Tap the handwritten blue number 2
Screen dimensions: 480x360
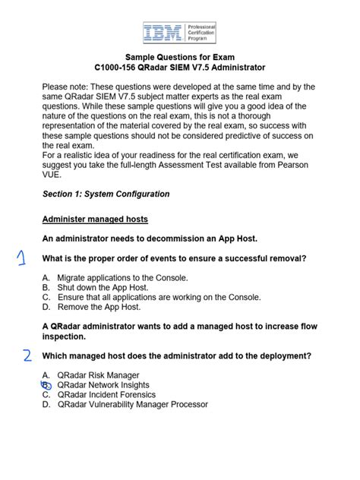click(26, 356)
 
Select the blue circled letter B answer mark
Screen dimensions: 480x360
click(46, 385)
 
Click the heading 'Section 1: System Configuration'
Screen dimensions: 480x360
click(106, 194)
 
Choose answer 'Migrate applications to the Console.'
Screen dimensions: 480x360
click(122, 278)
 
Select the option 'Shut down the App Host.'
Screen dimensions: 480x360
click(98, 288)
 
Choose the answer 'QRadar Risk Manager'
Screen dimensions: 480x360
click(98, 375)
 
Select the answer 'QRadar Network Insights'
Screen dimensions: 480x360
click(103, 385)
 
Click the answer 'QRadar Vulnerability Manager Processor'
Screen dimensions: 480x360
click(132, 405)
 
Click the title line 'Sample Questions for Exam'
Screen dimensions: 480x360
click(179, 58)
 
